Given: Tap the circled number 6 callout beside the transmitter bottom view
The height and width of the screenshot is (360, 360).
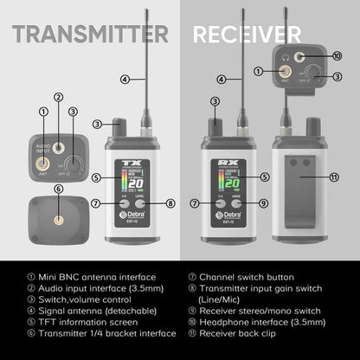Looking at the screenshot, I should [x=58, y=189].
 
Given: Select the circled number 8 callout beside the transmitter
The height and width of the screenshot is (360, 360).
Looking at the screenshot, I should [x=170, y=203].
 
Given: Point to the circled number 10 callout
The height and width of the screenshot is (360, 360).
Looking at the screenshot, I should [x=337, y=55].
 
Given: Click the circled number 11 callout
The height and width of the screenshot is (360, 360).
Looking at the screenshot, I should [x=337, y=176].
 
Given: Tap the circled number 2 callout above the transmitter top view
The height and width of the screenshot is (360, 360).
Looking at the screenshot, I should [x=58, y=99].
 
